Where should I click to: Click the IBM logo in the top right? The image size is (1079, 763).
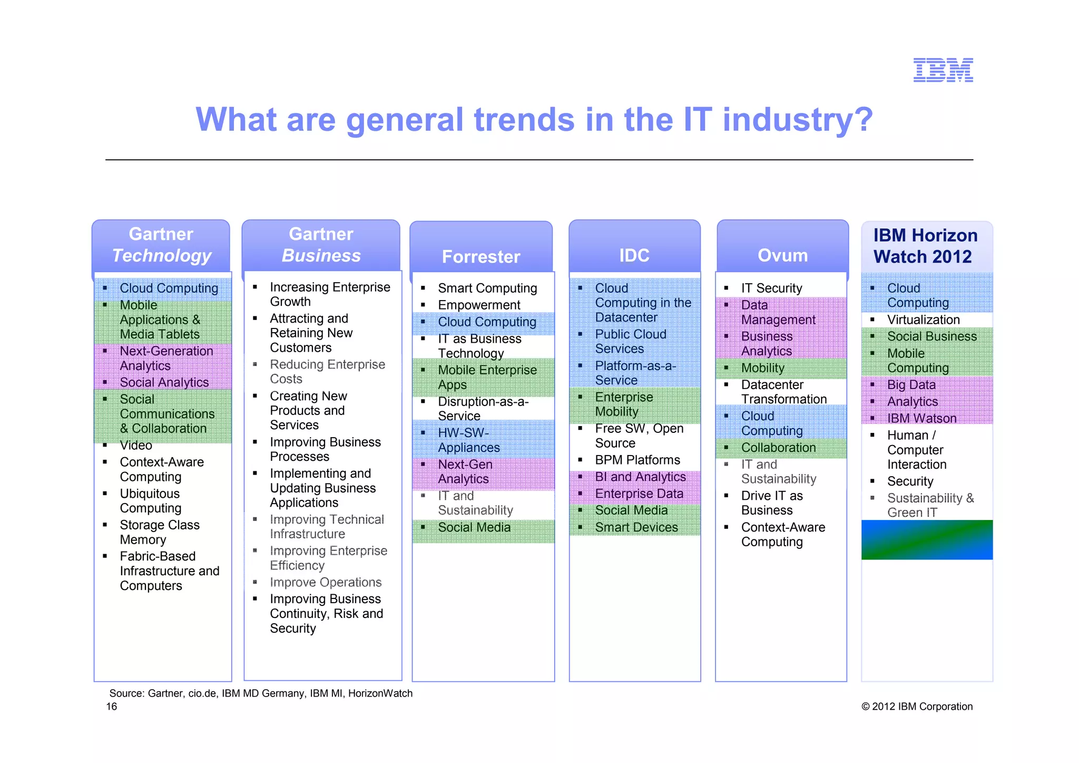[943, 70]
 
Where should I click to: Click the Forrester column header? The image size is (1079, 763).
[480, 256]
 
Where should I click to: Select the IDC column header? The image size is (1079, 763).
[634, 255]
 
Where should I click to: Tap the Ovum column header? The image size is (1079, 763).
[782, 255]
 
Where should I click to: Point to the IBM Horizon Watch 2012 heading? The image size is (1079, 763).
[925, 246]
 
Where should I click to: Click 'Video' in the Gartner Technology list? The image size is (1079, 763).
[136, 446]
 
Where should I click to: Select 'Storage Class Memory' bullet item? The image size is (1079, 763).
[159, 532]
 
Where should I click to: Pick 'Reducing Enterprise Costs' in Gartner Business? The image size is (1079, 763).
[327, 372]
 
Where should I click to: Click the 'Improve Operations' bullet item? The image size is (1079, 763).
[325, 582]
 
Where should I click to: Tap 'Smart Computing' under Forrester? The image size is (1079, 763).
[487, 288]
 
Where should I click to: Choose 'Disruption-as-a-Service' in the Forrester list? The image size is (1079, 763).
[483, 409]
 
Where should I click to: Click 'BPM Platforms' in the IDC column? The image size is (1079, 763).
[637, 460]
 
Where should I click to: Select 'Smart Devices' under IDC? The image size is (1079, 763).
[636, 527]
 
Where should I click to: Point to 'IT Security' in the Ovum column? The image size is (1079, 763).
[771, 288]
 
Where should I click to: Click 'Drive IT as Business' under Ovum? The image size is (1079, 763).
[771, 503]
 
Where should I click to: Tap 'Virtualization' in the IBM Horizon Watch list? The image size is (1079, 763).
[923, 320]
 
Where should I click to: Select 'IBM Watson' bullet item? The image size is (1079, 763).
[921, 418]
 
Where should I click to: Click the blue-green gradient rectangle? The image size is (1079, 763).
[927, 539]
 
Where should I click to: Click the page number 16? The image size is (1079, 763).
[112, 707]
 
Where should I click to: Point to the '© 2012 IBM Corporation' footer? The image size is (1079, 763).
[917, 707]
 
